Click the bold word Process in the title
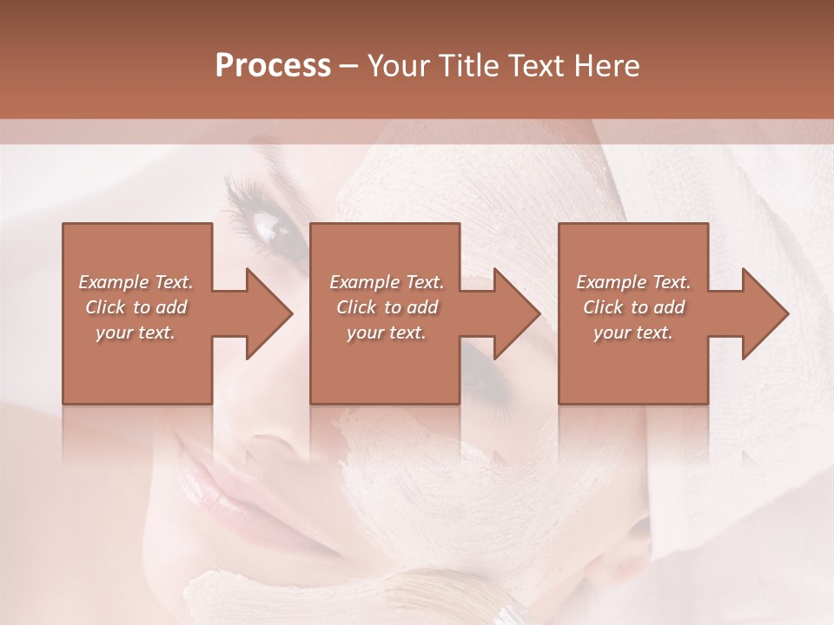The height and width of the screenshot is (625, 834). click(x=273, y=66)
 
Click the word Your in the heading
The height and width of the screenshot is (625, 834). click(x=396, y=66)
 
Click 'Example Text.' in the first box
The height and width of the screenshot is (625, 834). click(x=136, y=282)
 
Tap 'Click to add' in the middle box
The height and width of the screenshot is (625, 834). click(x=387, y=307)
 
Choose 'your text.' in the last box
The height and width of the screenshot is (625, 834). click(x=633, y=332)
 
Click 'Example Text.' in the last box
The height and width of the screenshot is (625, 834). click(x=633, y=282)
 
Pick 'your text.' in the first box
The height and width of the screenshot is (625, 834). click(x=136, y=332)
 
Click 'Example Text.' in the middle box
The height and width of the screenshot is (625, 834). click(x=387, y=282)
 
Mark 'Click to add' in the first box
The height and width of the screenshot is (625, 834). click(x=136, y=307)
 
